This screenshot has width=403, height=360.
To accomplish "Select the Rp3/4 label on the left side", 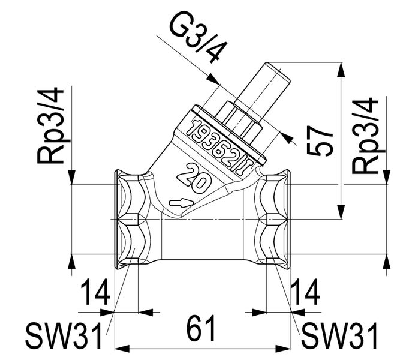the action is click(x=50, y=125).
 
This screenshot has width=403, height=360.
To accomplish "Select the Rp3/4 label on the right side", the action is click(x=365, y=136).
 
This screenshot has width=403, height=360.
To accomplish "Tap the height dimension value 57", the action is click(x=320, y=142).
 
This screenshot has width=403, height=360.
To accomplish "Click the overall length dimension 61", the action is click(x=201, y=328).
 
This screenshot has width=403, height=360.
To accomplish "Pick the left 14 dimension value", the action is click(x=95, y=292).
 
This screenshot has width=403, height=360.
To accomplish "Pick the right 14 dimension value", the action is click(x=305, y=292).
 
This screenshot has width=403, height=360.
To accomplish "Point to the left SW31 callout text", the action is click(x=64, y=335).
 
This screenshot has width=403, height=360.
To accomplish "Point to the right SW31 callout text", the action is click(x=340, y=335).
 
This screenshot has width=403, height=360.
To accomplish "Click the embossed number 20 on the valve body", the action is click(x=194, y=178).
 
